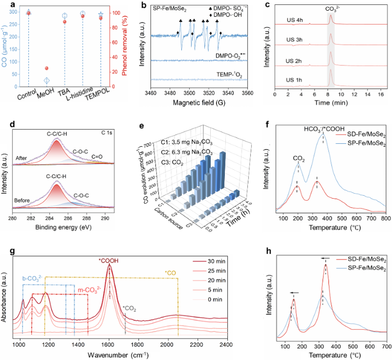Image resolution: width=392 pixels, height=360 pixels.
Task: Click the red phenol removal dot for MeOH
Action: pos(47,68)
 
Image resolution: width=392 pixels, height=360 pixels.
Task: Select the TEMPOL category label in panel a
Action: pos(97,94)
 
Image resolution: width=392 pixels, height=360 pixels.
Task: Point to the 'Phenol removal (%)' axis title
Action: pos(124,46)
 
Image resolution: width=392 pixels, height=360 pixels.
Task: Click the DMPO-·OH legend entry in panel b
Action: pos(225,15)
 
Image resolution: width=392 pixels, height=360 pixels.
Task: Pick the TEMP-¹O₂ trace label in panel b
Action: pos(229,75)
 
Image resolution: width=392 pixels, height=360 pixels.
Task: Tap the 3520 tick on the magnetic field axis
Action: pos(209,93)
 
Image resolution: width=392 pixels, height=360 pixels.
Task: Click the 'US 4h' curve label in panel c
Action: pos(295,20)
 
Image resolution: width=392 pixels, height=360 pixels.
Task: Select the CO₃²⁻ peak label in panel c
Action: pos(332,9)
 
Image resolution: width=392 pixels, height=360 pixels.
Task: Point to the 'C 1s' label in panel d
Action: pos(106,132)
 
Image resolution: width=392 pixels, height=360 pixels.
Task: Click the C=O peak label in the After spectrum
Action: pos(97,157)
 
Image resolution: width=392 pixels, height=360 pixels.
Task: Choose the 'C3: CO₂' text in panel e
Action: pos(172,162)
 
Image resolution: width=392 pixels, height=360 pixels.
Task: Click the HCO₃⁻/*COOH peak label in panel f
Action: pos(324,129)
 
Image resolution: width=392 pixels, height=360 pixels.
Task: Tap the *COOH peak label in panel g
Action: pos(108,261)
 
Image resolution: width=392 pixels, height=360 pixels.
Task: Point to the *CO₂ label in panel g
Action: pos(129,309)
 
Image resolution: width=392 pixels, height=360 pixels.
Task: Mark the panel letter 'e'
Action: pos(142,126)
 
